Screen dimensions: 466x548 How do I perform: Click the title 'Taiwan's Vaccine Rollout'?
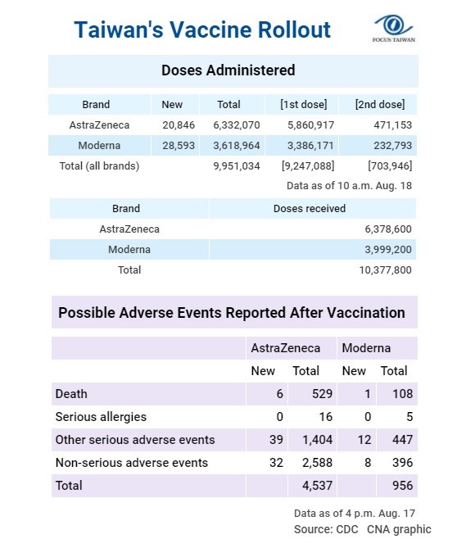[x=202, y=29]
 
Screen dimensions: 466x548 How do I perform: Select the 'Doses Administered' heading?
[x=228, y=70]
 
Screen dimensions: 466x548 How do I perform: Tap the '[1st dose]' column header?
[x=304, y=105]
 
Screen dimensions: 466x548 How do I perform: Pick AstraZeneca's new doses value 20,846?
[x=179, y=125]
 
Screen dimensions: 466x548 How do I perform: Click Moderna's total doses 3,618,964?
[x=237, y=145]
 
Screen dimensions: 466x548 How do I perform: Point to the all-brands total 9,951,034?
[x=237, y=166]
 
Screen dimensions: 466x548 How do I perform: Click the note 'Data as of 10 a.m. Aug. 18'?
[x=349, y=186]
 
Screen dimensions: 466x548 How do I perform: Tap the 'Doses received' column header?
[x=310, y=209]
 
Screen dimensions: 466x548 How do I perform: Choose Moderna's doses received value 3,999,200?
[x=388, y=250]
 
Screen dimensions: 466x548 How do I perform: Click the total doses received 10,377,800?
[x=385, y=270]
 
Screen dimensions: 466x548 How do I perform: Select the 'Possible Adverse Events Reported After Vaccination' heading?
[x=232, y=313]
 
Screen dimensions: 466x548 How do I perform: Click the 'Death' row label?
[x=71, y=394]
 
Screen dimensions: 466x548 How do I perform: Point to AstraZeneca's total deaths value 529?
[x=322, y=394]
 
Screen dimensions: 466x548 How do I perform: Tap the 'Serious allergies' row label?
[x=101, y=417]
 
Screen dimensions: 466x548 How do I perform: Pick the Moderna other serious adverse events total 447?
[x=402, y=440]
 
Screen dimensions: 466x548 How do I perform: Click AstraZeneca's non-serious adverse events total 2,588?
[x=317, y=463]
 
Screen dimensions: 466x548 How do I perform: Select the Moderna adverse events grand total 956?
[x=402, y=486]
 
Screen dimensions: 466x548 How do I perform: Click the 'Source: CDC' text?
[x=326, y=529]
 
